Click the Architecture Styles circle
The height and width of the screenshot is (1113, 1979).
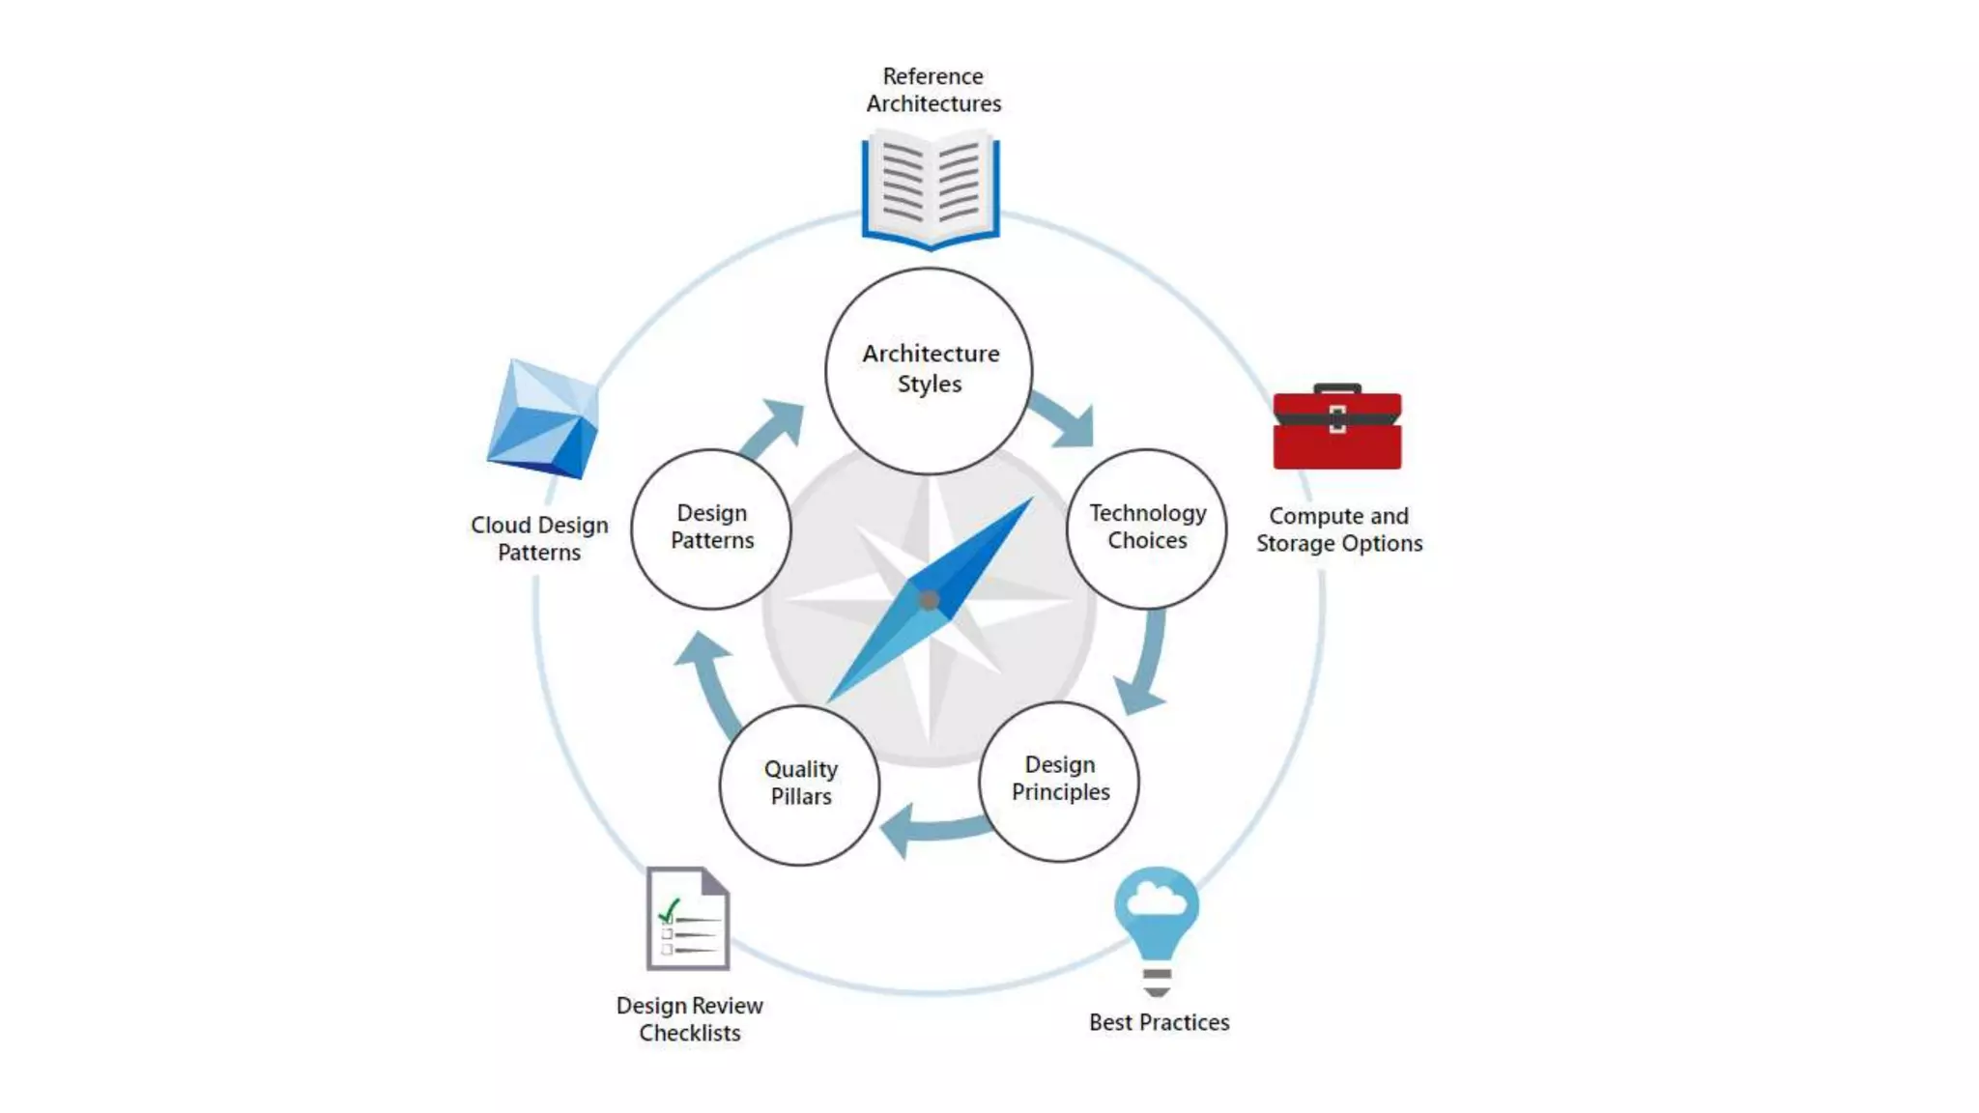929,370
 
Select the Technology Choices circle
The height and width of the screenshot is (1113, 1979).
1147,528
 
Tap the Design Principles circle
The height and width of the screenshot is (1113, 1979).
1059,781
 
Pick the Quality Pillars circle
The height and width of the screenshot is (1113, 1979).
800,784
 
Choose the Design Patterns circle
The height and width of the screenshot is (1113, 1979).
711,528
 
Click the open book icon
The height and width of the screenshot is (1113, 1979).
931,189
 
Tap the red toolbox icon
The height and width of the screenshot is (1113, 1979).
1337,428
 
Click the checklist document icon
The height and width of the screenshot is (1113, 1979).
688,919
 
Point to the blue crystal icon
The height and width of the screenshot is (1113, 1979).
543,420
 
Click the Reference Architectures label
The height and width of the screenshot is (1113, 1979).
933,90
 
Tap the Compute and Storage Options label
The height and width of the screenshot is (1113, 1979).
1339,529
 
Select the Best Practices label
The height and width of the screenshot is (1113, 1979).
1159,1022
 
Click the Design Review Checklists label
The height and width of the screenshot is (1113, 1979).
690,1019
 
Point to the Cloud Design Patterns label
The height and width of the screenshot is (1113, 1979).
539,538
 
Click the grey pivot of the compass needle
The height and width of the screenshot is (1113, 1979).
929,601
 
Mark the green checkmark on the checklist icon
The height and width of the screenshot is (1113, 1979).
669,910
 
